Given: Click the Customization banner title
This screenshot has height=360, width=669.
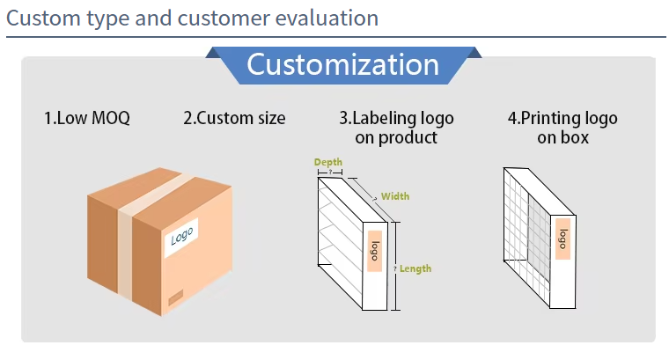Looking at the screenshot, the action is click(342, 65).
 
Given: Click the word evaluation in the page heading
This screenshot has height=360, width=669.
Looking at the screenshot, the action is click(327, 18).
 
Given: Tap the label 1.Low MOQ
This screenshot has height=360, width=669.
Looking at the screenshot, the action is click(87, 118).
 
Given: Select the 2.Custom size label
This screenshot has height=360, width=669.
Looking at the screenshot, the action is click(234, 118).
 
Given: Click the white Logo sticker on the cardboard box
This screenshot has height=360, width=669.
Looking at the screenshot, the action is click(181, 237).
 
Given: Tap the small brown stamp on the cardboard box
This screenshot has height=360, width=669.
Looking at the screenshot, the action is click(176, 297).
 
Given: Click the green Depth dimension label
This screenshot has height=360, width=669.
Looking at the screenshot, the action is click(328, 162).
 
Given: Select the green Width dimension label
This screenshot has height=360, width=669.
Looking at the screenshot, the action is click(395, 196).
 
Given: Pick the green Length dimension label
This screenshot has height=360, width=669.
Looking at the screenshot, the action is click(415, 268).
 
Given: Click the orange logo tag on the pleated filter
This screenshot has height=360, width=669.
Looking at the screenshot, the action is click(375, 251).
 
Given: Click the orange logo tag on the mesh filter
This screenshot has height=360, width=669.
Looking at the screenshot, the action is click(563, 239).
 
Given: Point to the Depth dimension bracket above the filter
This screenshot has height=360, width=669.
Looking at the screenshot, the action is click(330, 173).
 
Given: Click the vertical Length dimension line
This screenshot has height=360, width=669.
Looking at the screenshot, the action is click(396, 266).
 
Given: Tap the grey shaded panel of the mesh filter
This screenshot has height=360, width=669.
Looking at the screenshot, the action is click(540, 237).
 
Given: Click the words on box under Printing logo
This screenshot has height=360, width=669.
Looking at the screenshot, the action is click(562, 137).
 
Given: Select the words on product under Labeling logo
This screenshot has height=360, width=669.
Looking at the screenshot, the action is click(396, 137).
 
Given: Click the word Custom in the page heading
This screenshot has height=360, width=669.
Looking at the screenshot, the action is click(43, 18).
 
